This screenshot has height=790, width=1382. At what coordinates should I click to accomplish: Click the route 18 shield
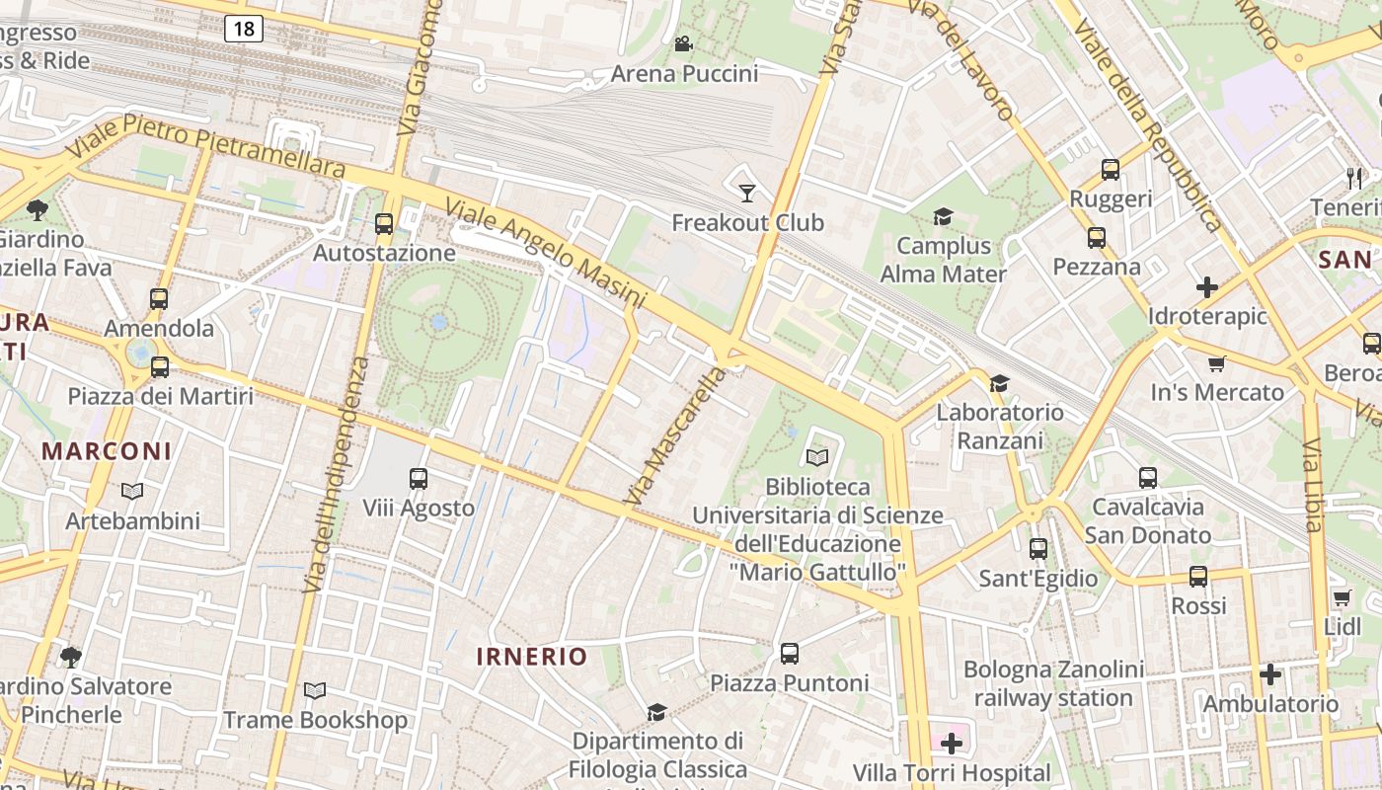click(244, 29)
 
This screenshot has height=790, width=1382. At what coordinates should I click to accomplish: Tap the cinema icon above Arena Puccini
click(683, 43)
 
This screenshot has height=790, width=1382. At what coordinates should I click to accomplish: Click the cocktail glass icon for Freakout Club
click(746, 193)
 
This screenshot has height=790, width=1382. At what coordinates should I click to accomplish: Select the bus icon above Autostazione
click(384, 224)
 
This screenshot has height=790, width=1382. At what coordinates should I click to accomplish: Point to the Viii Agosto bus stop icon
click(419, 479)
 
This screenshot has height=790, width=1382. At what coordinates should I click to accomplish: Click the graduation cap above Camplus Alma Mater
click(944, 216)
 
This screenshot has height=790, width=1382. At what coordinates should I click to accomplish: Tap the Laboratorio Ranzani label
click(999, 426)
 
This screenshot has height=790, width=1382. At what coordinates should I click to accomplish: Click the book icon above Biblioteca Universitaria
click(817, 457)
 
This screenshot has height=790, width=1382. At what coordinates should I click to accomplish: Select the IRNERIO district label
click(531, 657)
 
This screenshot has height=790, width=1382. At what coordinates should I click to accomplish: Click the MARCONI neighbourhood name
click(107, 451)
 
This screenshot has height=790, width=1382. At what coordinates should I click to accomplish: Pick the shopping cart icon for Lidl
click(1342, 597)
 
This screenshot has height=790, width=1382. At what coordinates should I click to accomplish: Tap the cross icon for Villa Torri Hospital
click(952, 743)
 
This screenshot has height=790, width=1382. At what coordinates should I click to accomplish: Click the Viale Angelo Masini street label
click(545, 253)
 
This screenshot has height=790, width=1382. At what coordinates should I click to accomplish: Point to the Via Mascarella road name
click(676, 436)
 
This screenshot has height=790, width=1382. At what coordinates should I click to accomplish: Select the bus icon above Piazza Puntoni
click(789, 653)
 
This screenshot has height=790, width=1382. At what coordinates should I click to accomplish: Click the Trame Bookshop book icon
click(315, 690)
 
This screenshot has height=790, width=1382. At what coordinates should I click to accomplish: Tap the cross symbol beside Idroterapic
click(1206, 287)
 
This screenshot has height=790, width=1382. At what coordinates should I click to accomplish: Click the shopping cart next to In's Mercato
click(1217, 363)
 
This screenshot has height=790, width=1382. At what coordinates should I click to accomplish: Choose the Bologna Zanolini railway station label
click(1053, 683)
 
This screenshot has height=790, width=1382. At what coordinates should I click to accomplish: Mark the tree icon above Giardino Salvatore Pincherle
click(70, 657)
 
